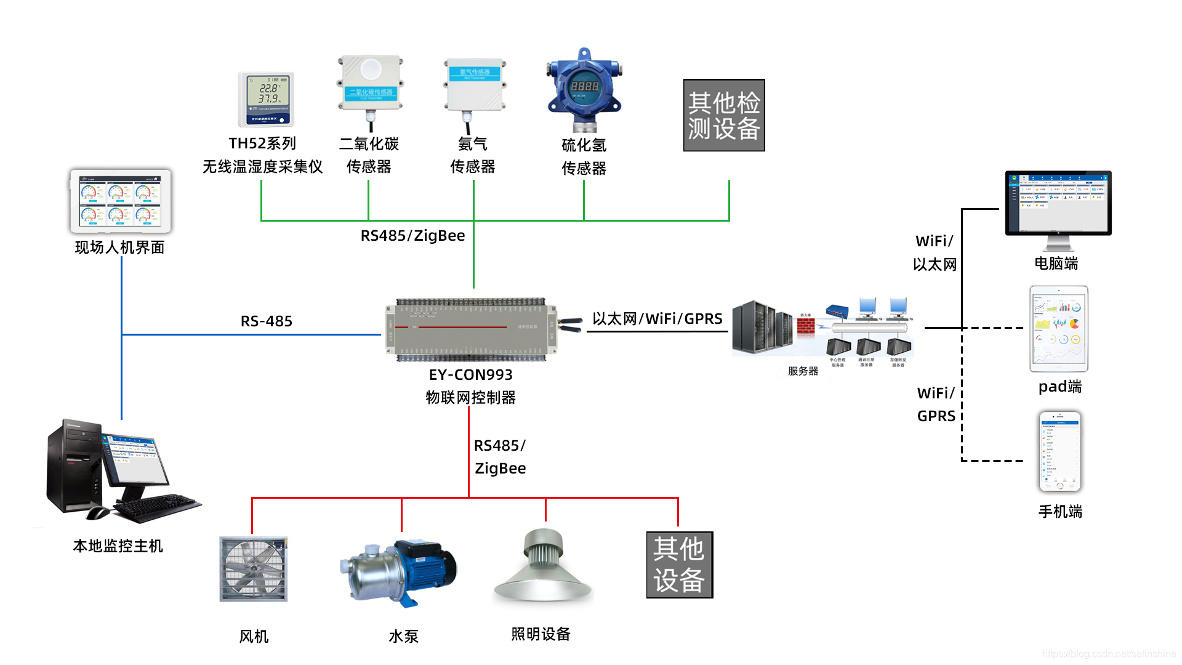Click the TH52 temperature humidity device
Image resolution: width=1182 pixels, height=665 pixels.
coord(266,99)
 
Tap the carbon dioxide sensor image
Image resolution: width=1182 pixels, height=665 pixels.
coord(371,86)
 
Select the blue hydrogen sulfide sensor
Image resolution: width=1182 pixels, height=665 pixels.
coord(584,90)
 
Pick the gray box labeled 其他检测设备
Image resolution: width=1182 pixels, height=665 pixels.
coord(724,115)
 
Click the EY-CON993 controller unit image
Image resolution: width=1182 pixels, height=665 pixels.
coord(472,329)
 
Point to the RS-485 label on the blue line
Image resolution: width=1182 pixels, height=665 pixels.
coord(266,321)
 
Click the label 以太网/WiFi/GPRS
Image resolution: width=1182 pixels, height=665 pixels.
coord(657,318)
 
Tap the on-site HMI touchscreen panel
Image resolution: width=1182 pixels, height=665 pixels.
coord(120,201)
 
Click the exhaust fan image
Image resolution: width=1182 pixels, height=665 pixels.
coord(254,568)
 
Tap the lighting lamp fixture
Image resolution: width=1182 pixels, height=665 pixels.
coord(543,566)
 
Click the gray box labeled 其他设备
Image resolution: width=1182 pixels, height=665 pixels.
coord(679,565)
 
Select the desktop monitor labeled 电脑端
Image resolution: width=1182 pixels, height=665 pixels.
coord(1058,204)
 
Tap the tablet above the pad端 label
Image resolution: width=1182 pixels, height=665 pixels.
coord(1058,328)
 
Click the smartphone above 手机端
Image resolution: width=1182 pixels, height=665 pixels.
coord(1059,451)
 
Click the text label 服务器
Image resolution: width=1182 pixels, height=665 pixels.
coord(803,371)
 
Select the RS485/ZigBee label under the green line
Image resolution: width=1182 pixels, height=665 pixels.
coord(412,235)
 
